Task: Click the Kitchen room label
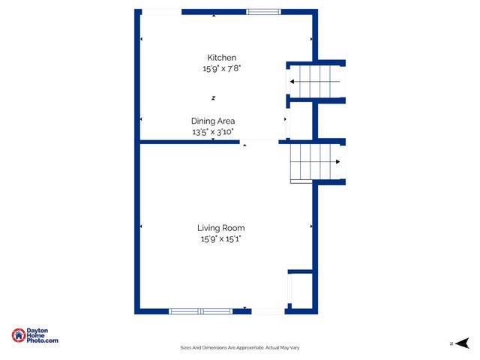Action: coord(221,58)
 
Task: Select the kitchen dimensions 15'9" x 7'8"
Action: coord(221,68)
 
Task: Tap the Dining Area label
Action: coord(213,121)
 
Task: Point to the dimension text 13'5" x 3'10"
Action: coord(213,131)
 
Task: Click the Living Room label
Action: coord(220,228)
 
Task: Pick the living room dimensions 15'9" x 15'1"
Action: coord(220,238)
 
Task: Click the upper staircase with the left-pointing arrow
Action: coord(315,81)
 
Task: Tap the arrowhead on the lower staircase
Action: coord(339,162)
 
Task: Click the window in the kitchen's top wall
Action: coord(264,11)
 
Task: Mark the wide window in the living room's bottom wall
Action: coord(200,310)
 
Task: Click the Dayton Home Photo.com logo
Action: coord(35,336)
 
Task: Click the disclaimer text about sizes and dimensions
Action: coord(240,347)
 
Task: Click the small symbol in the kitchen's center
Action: coord(213,97)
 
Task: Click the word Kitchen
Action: coord(221,58)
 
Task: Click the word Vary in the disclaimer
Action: coord(294,347)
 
